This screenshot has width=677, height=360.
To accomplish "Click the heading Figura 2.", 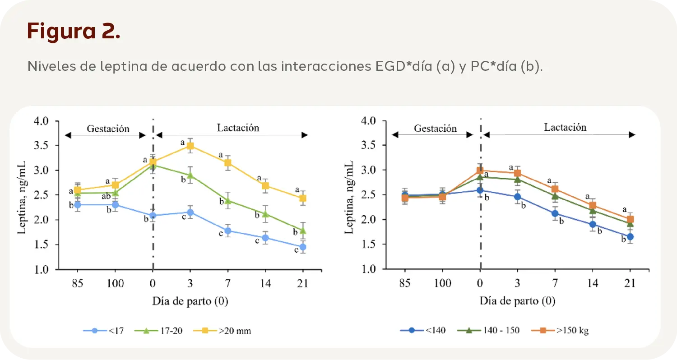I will (74, 31).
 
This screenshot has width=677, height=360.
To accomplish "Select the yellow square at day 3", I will (190, 146).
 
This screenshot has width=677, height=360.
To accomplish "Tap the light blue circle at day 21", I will (303, 247).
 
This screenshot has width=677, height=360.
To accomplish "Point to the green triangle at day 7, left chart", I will (228, 200).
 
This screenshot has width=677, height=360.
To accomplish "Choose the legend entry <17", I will (103, 331).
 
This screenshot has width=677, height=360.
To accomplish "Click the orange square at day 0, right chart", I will (480, 171).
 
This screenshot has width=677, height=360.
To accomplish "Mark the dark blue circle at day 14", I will (593, 224).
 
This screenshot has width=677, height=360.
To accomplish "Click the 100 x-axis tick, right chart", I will (442, 283).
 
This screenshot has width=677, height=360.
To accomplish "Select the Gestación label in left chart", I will (108, 129).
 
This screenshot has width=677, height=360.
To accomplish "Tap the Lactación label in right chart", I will (565, 127).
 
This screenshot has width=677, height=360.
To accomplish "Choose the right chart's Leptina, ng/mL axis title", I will (349, 195).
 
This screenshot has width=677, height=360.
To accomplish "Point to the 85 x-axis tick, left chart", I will (77, 283).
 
